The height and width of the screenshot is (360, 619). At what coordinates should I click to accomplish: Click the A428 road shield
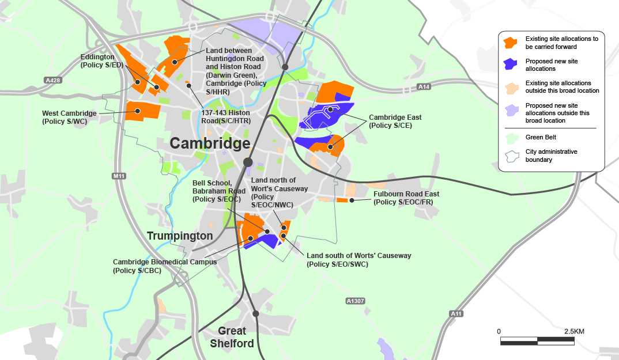(x=52, y=80)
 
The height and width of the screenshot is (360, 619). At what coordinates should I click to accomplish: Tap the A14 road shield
(x=424, y=87)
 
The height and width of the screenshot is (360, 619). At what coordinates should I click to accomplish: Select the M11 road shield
(x=119, y=176)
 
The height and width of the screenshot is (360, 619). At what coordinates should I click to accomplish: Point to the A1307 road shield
(x=356, y=301)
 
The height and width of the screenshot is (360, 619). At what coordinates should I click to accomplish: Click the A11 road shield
(x=456, y=314)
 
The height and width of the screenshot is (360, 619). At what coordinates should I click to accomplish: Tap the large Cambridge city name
(x=209, y=143)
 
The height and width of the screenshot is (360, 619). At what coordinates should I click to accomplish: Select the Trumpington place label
(x=180, y=236)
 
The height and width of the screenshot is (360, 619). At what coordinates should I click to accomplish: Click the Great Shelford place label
(x=232, y=338)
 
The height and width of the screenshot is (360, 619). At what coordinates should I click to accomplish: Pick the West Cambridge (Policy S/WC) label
(x=69, y=118)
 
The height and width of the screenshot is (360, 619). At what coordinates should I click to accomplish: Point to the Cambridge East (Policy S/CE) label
(x=394, y=121)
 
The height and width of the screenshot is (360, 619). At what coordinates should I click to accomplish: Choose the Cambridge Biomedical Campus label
(x=164, y=266)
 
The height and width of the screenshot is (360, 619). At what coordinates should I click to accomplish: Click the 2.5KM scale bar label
(x=574, y=332)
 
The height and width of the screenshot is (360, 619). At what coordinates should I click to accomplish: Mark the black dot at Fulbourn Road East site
(x=352, y=200)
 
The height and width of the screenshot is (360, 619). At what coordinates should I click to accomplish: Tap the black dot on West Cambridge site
(x=138, y=111)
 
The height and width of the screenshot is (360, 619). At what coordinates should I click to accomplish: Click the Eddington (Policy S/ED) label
(x=102, y=61)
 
